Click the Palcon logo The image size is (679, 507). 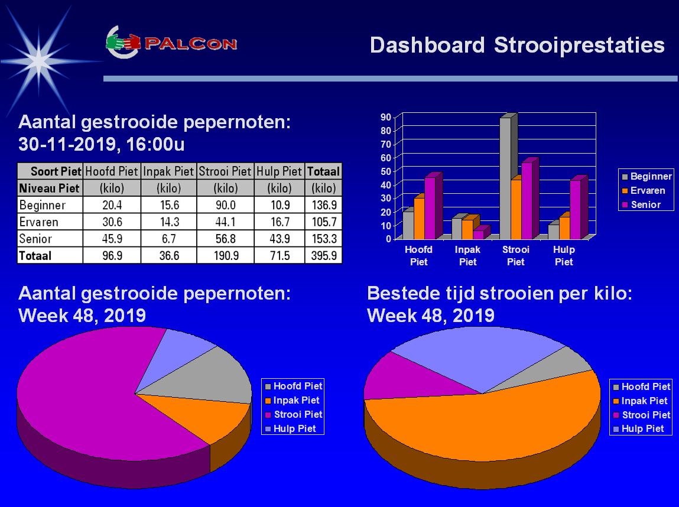171,43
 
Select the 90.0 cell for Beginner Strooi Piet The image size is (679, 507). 225,205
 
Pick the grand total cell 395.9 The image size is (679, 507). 323,256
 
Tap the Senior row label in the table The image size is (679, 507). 36,239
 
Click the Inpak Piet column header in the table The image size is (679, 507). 168,171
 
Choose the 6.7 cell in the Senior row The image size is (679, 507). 168,239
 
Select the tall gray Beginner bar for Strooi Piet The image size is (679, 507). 505,177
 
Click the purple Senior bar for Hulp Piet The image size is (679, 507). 574,210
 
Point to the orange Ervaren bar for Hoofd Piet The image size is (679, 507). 419,217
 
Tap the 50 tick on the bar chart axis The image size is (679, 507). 386,171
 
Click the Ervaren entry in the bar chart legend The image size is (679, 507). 646,190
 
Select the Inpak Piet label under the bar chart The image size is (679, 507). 467,255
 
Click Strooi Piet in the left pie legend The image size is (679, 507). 298,414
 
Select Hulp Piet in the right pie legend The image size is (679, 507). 642,428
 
